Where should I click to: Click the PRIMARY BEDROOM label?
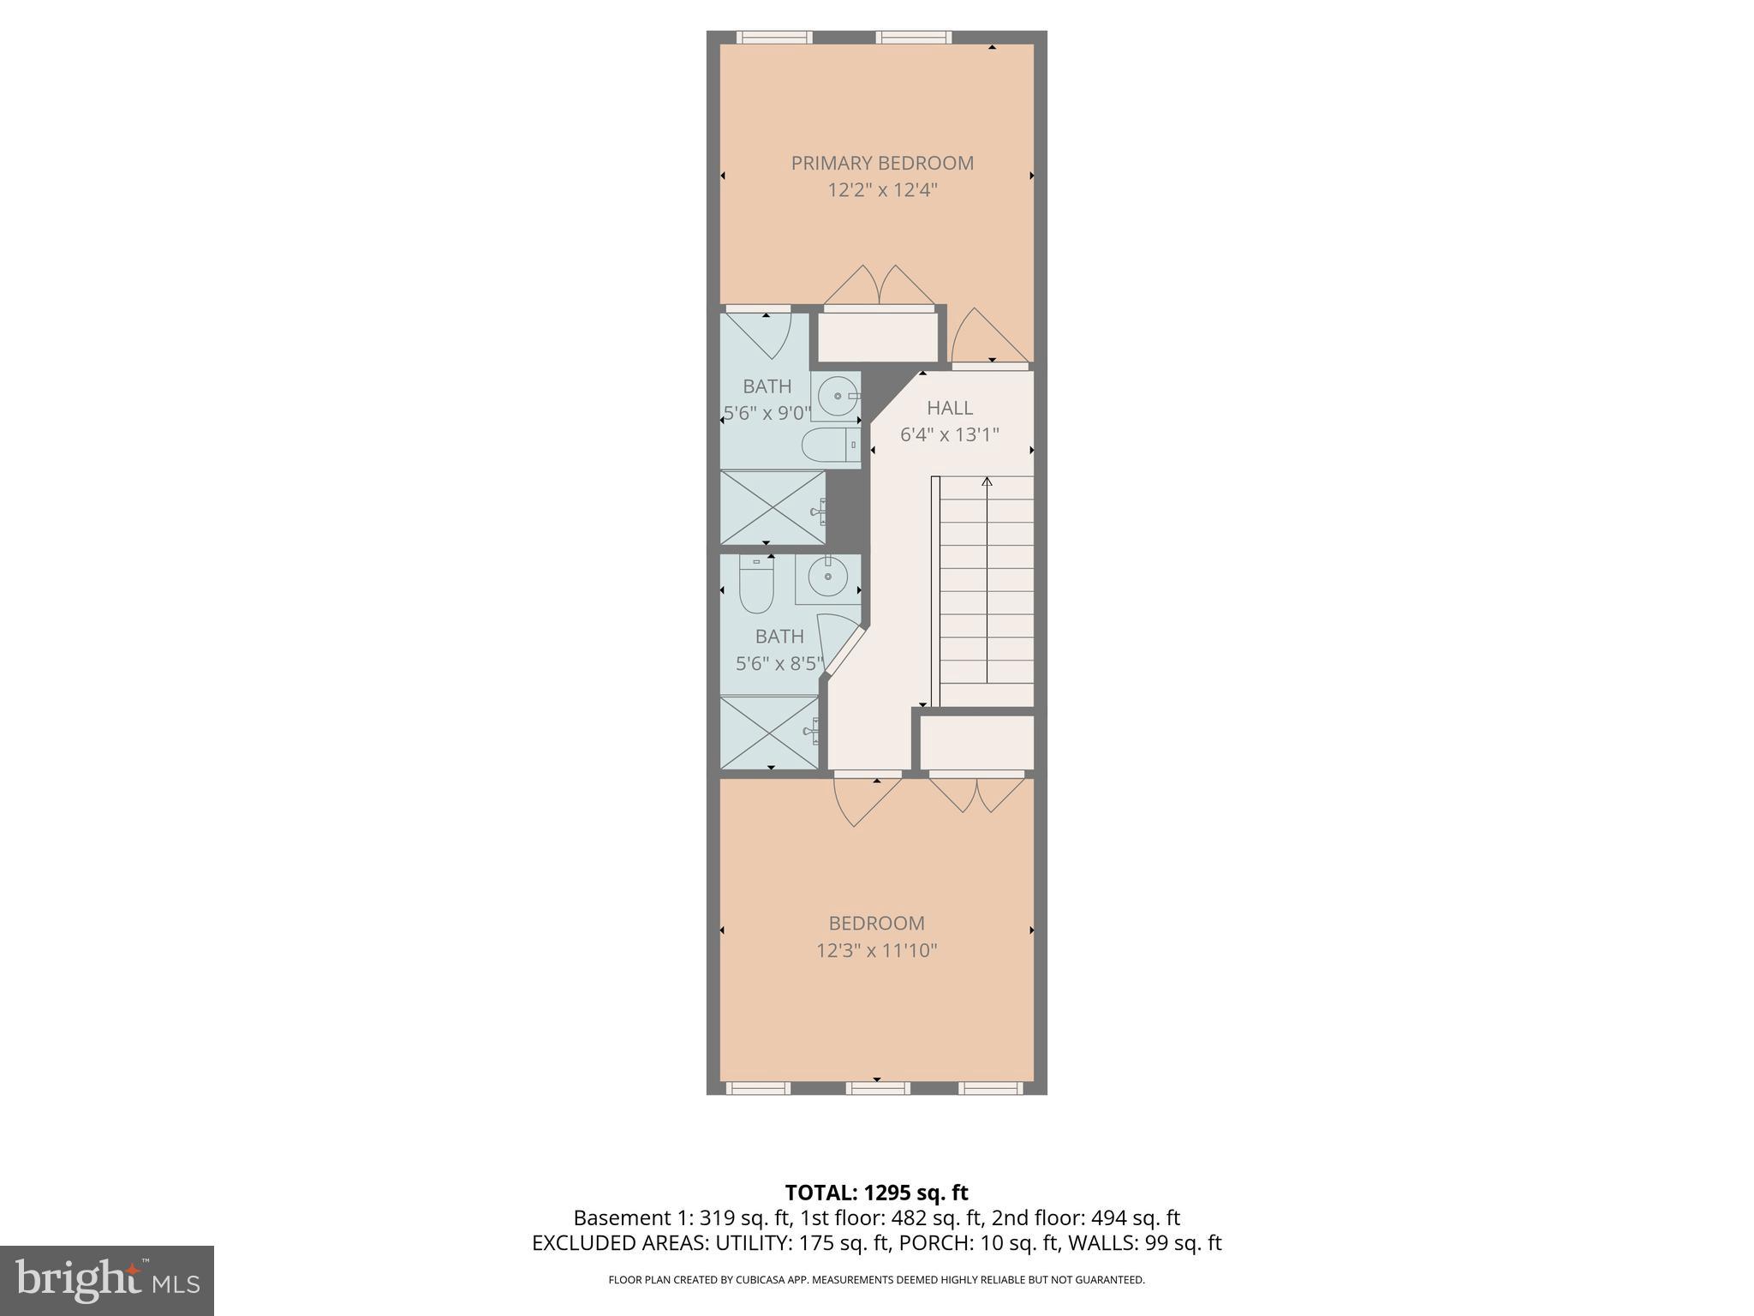[x=882, y=163]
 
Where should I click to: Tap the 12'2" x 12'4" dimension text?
[x=882, y=190]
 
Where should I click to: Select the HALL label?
[x=949, y=408]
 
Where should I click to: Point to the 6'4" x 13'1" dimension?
[x=949, y=435]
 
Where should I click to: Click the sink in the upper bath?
[x=836, y=397]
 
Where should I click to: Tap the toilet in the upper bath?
[x=829, y=446]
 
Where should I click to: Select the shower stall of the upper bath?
[x=773, y=507]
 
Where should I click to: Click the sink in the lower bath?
[x=827, y=577]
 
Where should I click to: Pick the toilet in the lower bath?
[x=756, y=585]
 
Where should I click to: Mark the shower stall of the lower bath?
[x=768, y=733]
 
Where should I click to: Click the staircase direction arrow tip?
[x=987, y=481]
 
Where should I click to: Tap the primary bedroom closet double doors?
[x=879, y=287]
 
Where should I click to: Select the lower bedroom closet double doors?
[x=977, y=793]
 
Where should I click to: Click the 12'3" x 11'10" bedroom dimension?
[x=876, y=951]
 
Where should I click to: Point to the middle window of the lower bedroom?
[x=877, y=1088]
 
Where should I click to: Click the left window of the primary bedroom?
[x=774, y=37]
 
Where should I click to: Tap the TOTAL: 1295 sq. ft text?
[x=876, y=1193]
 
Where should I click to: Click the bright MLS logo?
[x=106, y=1280]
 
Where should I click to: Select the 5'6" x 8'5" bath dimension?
[x=779, y=664]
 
